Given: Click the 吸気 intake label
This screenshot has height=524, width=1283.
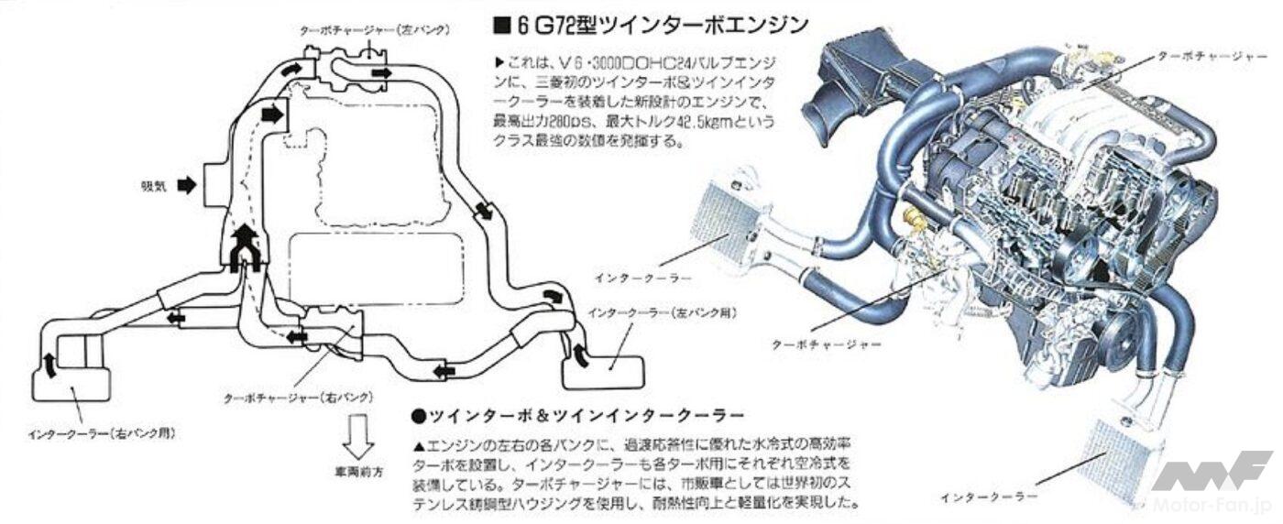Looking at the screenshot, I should tap(153, 185).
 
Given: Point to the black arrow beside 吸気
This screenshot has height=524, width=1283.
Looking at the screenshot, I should tap(186, 185).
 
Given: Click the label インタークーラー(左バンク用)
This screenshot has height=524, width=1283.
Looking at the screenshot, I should tap(665, 312).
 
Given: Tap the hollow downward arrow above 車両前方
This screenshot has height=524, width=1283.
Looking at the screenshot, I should tap(355, 439).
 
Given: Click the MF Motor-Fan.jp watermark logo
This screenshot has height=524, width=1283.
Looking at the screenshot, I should tap(1210, 481).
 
